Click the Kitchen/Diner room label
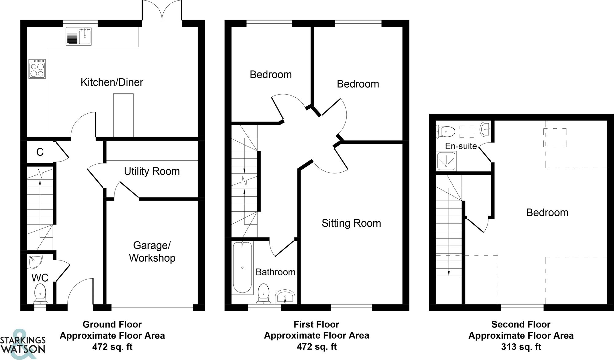click(112, 82)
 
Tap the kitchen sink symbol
click(79, 37)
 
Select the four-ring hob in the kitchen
click(37, 69)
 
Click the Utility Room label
click(152, 171)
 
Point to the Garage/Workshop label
click(152, 252)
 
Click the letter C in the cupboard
click(40, 152)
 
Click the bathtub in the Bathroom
click(243, 267)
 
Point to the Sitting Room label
click(351, 223)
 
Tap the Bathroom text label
click(275, 272)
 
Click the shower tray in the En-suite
click(446, 161)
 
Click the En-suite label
click(461, 146)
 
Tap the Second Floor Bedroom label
click(547, 213)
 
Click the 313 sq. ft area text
click(521, 347)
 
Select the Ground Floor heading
click(112, 324)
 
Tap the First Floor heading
click(316, 324)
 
